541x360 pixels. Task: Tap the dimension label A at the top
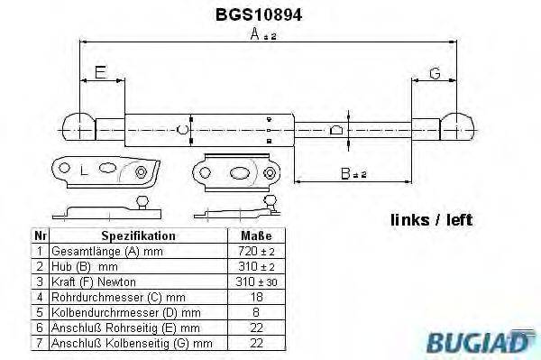coord(258,35)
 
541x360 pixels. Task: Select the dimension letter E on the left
coord(100,71)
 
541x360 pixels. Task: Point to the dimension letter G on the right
coord(433,71)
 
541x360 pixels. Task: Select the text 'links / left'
coord(431,219)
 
